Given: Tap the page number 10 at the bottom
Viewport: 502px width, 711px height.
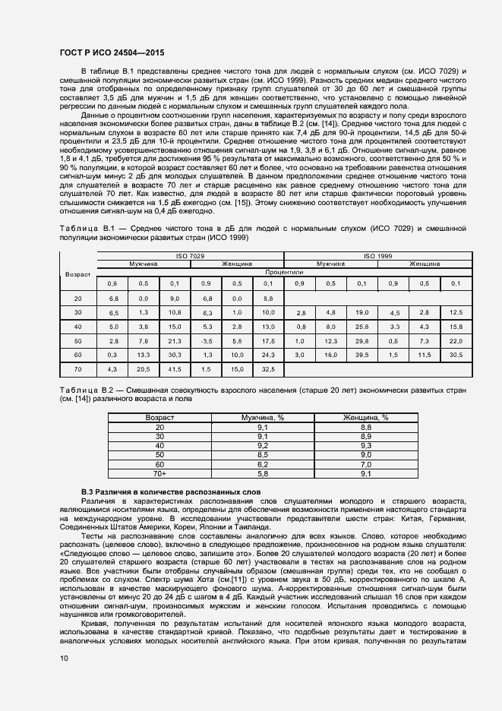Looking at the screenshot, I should pos(63,659).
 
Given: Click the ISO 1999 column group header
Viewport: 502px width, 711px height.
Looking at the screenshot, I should pos(377,257).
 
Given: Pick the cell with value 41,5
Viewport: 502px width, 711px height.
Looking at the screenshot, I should pos(175,368).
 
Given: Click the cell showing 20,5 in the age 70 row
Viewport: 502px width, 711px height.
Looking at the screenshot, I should pos(144,368).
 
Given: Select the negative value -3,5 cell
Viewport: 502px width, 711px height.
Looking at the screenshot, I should pos(206,341).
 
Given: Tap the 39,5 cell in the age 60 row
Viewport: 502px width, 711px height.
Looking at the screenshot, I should pos(362,355).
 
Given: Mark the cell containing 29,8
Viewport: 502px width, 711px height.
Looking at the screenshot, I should pos(362,341).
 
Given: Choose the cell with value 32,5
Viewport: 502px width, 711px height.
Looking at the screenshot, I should pos(267,368).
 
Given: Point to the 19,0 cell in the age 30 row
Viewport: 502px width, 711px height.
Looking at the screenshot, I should pos(362,313).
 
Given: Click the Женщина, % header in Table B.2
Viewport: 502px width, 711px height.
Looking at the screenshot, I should pos(366,417).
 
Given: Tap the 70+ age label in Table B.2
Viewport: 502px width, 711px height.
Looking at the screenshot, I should pos(159,473).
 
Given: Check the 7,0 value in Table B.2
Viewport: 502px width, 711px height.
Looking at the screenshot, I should pos(366,464).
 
